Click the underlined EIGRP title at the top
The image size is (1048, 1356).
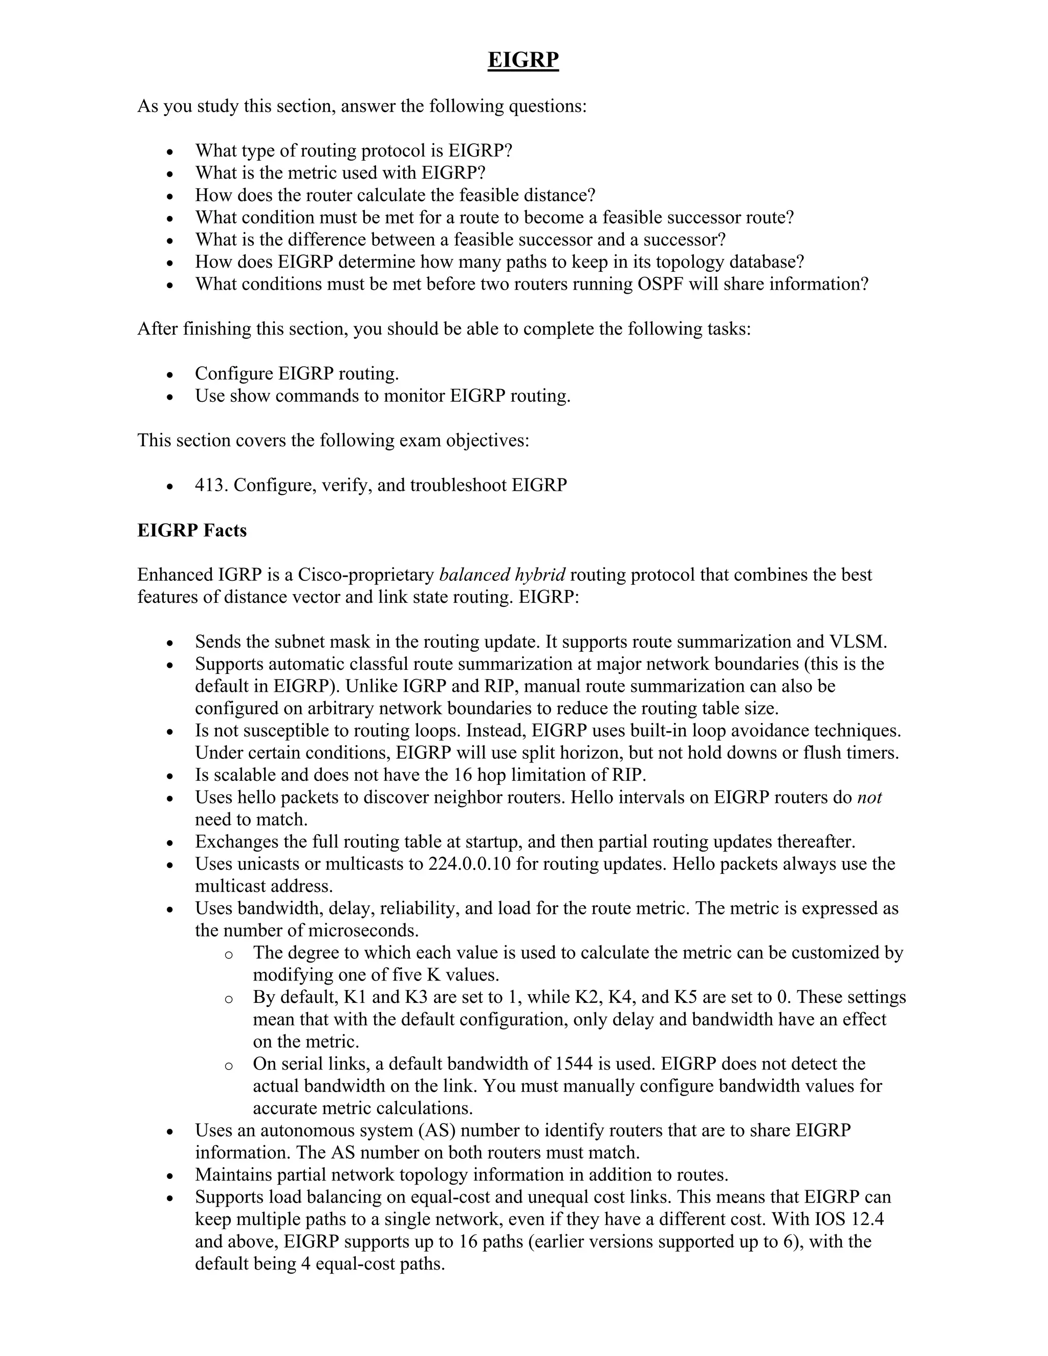(523, 60)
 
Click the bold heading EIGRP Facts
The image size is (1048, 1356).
(192, 530)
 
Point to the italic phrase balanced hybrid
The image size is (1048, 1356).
(501, 575)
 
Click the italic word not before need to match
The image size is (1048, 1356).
(869, 797)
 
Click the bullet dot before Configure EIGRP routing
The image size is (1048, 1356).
(169, 375)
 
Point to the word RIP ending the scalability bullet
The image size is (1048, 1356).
(631, 775)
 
